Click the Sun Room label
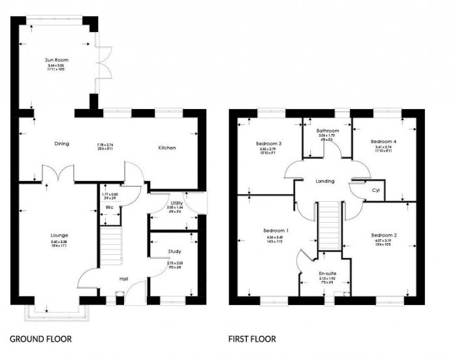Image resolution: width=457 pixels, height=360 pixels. point(57,59)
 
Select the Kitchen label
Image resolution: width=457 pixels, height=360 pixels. point(166,148)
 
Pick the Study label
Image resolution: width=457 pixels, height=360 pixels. point(174,251)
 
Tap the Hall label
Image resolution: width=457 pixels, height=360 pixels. point(123,279)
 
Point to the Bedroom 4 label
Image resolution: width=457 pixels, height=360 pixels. point(383,141)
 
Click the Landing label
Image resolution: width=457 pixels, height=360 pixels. point(324,181)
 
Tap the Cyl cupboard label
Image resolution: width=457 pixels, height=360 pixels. point(375,191)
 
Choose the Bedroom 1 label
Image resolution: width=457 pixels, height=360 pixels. point(276,231)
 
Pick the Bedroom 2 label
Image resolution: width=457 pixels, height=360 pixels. point(384,235)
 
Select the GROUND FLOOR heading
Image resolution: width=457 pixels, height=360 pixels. point(40,339)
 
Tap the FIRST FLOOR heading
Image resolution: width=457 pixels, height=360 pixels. point(251,339)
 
